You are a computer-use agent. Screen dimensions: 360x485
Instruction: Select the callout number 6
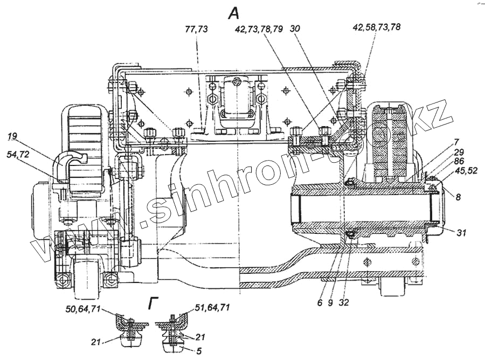click(320, 302)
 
